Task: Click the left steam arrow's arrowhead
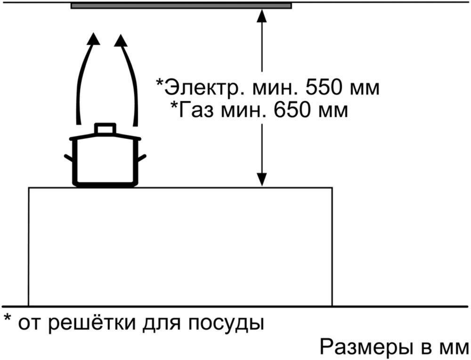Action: click(x=95, y=39)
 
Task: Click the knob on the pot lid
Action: click(x=105, y=128)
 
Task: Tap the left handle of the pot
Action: click(x=69, y=157)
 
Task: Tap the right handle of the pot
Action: click(x=141, y=157)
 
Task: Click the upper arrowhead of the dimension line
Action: click(x=262, y=16)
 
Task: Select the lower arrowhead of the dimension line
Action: click(x=262, y=180)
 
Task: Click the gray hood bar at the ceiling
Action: click(x=181, y=6)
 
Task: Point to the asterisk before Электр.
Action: click(x=160, y=82)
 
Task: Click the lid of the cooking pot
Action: click(x=105, y=138)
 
